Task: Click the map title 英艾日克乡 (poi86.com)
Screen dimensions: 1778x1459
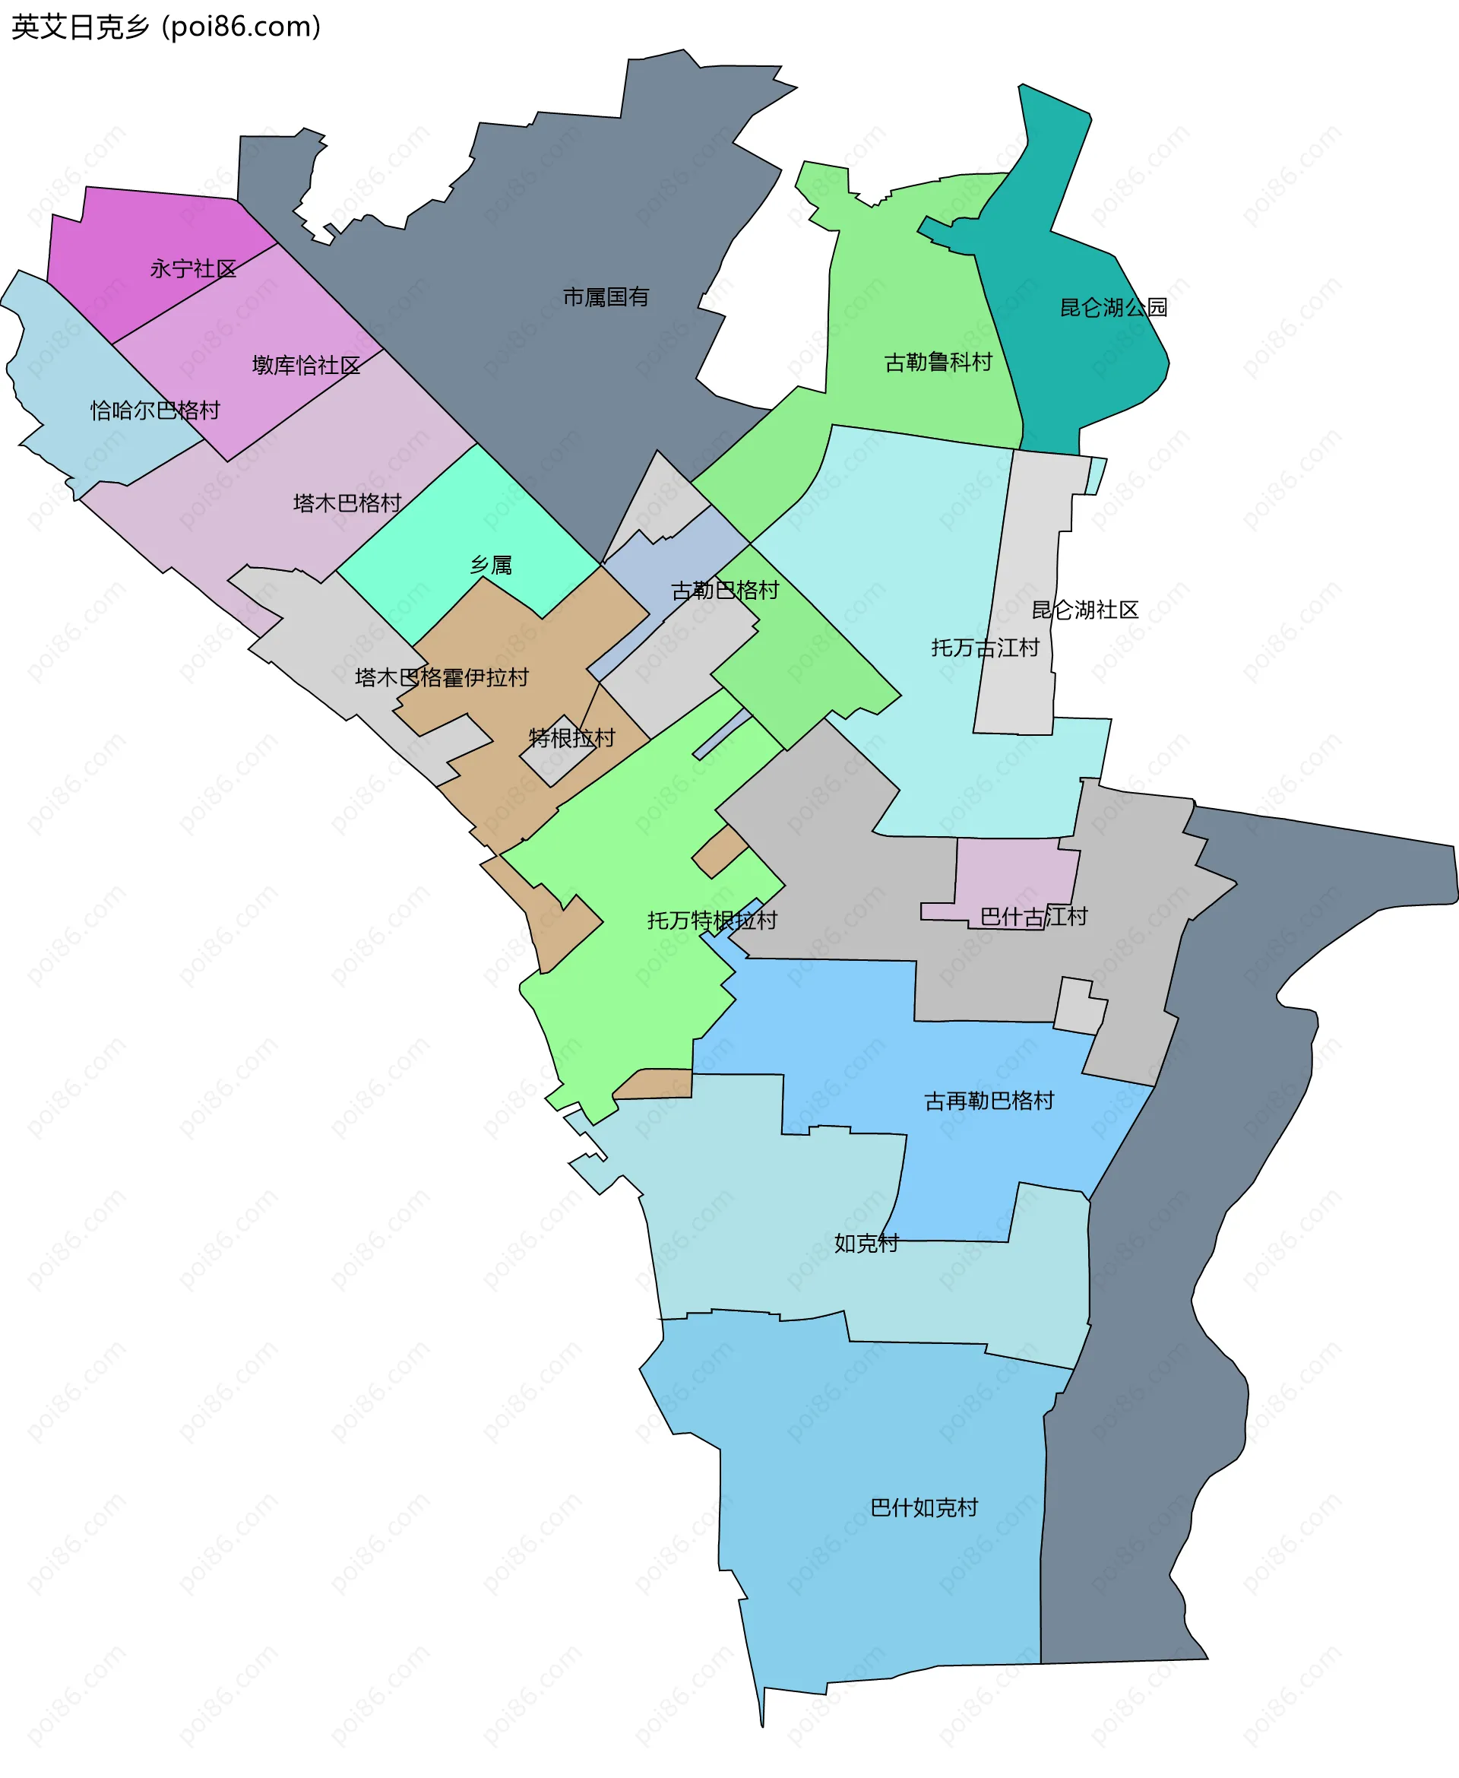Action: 166,27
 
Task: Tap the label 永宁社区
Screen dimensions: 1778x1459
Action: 193,269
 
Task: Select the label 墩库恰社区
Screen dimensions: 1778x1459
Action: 306,365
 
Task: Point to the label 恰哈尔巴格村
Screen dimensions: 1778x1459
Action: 156,410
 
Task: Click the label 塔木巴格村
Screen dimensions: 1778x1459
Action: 347,502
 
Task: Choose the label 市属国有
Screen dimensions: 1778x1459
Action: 606,296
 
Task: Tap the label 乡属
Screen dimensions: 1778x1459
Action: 491,565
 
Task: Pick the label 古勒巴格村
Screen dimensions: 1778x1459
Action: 724,590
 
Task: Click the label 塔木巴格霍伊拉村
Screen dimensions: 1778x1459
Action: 441,677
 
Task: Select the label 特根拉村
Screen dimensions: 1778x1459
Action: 571,738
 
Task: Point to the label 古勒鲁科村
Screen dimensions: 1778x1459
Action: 938,363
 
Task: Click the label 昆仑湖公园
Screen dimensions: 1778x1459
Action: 1112,308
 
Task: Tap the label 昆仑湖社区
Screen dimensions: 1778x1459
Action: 1084,610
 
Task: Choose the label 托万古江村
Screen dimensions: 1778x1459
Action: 985,648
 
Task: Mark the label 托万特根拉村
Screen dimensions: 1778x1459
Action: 712,921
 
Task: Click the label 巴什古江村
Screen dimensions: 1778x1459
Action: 1033,916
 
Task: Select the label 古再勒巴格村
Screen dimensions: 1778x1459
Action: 989,1101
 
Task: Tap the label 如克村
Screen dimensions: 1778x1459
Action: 866,1243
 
